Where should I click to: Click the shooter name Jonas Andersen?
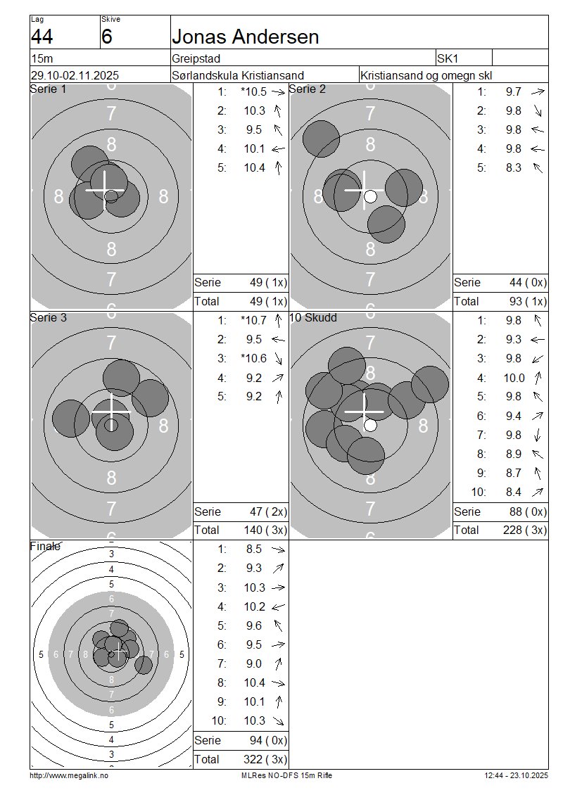[246, 37]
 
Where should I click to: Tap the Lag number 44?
[42, 37]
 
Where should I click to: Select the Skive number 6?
[106, 37]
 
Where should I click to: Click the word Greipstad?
[196, 59]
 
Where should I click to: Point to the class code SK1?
[448, 59]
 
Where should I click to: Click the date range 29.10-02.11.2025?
[75, 75]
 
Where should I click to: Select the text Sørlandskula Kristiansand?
[238, 75]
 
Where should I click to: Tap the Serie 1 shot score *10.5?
[253, 91]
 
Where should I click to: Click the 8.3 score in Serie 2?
[513, 168]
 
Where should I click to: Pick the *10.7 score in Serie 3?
[253, 320]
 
